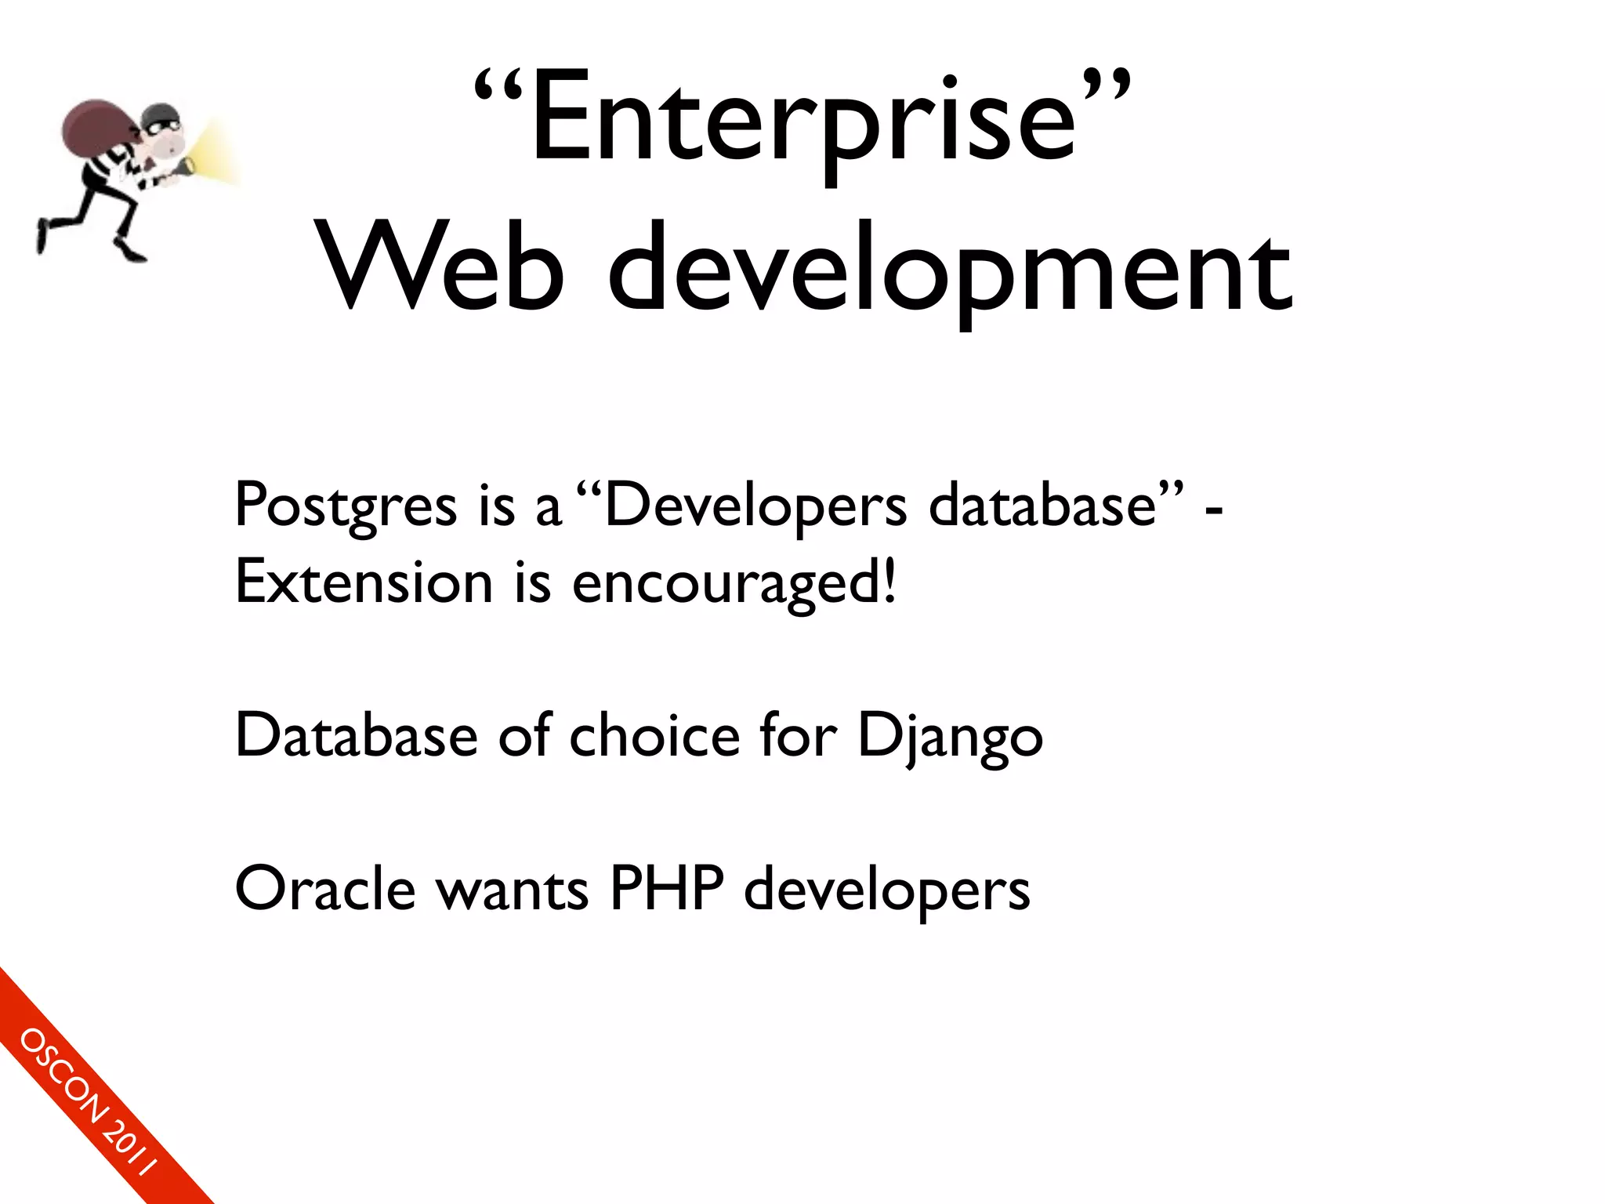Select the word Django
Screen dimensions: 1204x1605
(950, 737)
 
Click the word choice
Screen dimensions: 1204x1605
(654, 737)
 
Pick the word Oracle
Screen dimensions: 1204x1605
(325, 890)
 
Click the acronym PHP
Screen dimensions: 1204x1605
(667, 890)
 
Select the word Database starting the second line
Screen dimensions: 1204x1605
(357, 737)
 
